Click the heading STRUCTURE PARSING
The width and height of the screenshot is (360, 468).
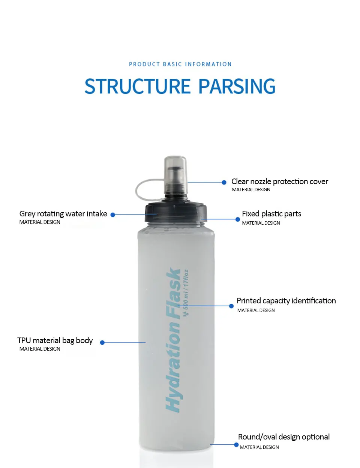point(180,86)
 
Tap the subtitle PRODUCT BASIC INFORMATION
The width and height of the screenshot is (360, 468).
point(180,64)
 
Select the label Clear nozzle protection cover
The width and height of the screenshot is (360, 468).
point(279,181)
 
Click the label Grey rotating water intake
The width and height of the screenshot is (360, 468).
point(63,214)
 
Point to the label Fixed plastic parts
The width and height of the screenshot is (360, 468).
point(271,214)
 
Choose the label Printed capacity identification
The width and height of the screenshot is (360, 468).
point(286,301)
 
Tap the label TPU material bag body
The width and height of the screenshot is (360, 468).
point(55,340)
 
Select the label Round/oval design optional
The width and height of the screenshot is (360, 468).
point(284,437)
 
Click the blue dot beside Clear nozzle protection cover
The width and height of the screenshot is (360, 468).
point(224,182)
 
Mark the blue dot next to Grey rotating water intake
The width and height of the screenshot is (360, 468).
point(112,215)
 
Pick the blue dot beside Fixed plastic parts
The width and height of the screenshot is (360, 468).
point(237,219)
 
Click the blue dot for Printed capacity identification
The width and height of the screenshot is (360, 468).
point(231,306)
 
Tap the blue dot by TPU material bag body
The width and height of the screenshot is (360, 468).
point(102,342)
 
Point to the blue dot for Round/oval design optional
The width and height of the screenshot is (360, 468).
point(236,445)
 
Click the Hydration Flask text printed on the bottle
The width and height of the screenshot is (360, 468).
point(173,339)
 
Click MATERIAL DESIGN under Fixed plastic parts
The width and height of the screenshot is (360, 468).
point(261,223)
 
